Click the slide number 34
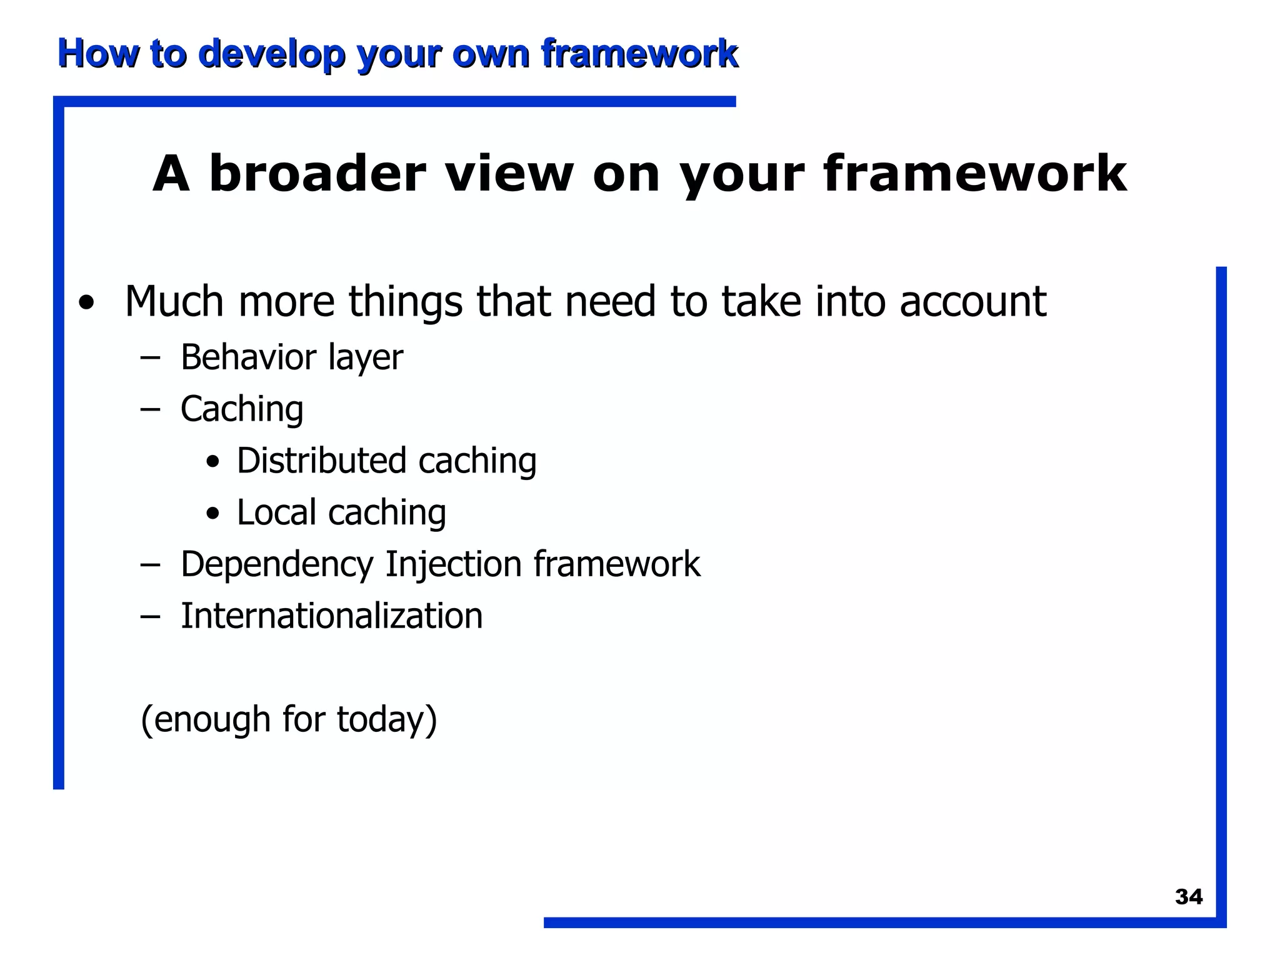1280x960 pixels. [1188, 897]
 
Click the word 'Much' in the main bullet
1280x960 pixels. [174, 302]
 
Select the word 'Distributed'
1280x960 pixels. [321, 461]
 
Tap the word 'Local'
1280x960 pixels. [276, 513]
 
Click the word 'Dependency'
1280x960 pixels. [276, 565]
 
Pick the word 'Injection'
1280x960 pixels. [453, 564]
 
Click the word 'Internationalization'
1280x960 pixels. [331, 616]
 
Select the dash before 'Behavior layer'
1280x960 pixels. [150, 358]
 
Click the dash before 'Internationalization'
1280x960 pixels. [150, 617]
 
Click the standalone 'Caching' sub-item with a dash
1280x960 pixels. [242, 409]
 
